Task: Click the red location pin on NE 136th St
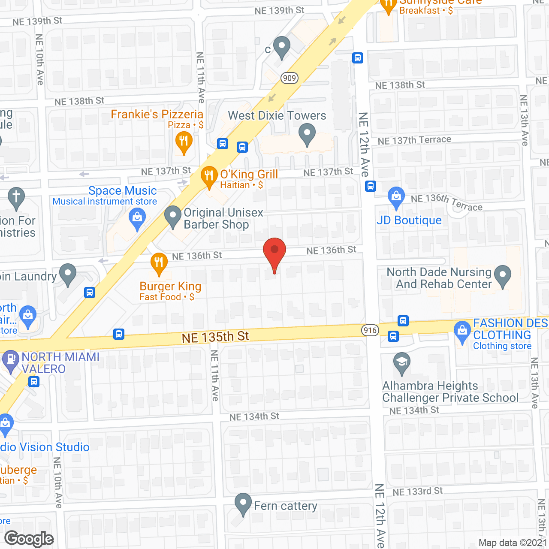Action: tap(274, 253)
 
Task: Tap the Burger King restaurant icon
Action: tap(159, 263)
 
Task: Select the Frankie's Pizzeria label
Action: tap(157, 115)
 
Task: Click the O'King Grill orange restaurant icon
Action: tap(209, 176)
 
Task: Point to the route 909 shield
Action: tap(290, 78)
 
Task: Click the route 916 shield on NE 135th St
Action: tap(370, 330)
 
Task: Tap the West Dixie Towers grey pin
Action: tap(307, 133)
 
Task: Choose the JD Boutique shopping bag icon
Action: tap(396, 196)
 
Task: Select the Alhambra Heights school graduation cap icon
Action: tap(401, 362)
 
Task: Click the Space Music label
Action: tap(123, 191)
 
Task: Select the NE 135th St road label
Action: tap(215, 337)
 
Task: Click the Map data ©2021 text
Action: tap(513, 543)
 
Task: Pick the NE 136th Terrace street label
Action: tap(446, 202)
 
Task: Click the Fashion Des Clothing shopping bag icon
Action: tap(462, 332)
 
